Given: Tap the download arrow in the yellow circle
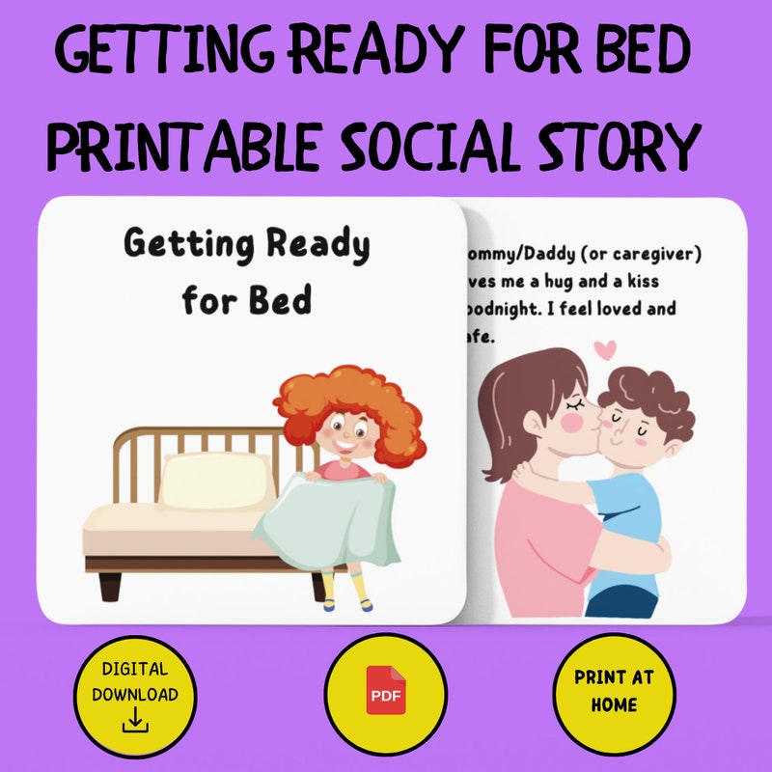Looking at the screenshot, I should point(135,719).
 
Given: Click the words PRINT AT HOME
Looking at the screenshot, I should point(614,691).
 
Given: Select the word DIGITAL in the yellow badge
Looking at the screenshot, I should point(134,669).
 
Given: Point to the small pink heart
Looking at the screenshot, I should point(605,347).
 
